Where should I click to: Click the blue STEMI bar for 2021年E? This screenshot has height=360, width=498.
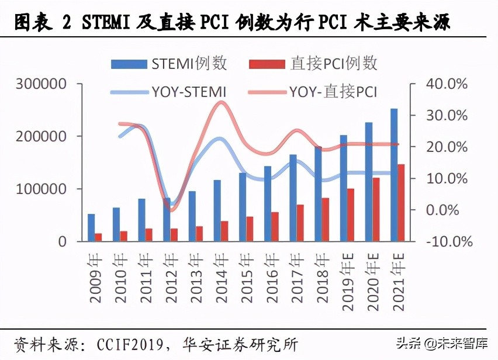pos(394,175)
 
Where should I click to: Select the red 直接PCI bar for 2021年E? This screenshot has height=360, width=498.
pos(402,203)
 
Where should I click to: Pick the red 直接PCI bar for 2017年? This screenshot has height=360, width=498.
pos(300,223)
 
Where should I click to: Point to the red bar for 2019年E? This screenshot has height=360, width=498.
pos(351,214)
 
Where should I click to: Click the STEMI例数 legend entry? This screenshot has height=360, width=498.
pos(170,64)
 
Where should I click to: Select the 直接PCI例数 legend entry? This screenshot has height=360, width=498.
pos(313,64)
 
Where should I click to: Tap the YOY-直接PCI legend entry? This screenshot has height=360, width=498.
pos(312,92)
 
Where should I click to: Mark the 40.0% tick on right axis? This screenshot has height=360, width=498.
pos(447,84)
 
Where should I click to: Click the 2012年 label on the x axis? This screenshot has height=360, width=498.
pos(170,277)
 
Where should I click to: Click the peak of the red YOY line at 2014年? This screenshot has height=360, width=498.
pos(221,103)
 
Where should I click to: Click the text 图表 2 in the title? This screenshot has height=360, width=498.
pos(41,22)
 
